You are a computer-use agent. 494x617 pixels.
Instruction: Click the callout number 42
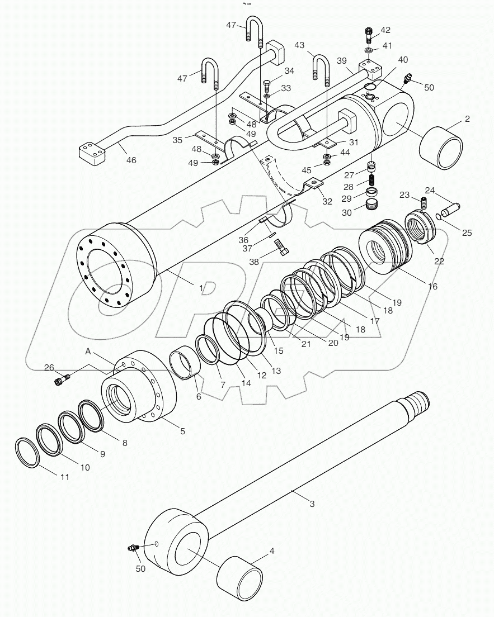pyautogui.click(x=385, y=30)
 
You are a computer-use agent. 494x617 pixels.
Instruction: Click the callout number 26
pyautogui.click(x=49, y=368)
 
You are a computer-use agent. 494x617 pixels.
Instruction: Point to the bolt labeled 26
pyautogui.click(x=59, y=381)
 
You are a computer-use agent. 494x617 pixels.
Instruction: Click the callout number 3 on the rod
pyautogui.click(x=312, y=504)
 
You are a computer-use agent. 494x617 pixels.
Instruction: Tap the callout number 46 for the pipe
pyautogui.click(x=131, y=160)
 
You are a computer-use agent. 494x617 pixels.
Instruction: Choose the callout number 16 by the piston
pyautogui.click(x=432, y=286)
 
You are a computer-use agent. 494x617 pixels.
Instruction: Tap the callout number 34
pyautogui.click(x=289, y=71)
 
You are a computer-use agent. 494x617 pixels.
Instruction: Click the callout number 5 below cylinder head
pyautogui.click(x=182, y=431)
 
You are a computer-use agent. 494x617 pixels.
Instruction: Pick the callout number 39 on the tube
pyautogui.click(x=342, y=60)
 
